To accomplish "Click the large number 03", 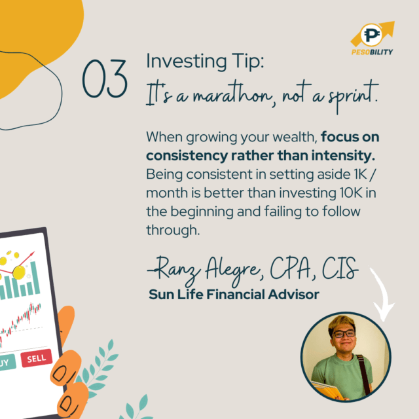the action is [105, 79].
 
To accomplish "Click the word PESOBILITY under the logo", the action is [372, 52].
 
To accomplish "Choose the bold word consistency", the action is [187, 156].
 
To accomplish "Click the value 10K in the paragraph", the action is [351, 192].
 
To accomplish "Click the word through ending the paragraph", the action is [173, 230].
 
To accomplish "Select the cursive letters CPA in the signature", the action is [291, 268].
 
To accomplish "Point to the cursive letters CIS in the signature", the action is [340, 268].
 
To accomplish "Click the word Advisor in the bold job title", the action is [293, 295].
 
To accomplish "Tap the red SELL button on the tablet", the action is [37, 358].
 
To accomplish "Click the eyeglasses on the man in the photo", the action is [343, 333].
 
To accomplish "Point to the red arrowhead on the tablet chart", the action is [32, 253].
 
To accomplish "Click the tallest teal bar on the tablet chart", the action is [35, 278].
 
